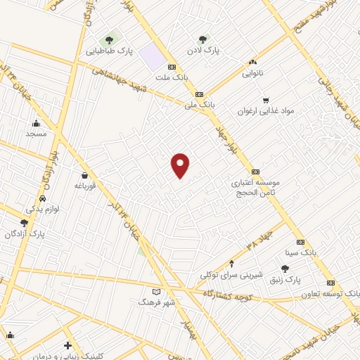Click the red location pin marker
pyautogui.click(x=181, y=165)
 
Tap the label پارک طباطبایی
pyautogui.click(x=108, y=51)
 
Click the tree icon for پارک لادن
pyautogui.click(x=203, y=39)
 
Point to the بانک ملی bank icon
pyautogui.click(x=200, y=94)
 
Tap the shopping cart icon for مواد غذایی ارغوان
pyautogui.click(x=266, y=100)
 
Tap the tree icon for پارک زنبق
pyautogui.click(x=285, y=269)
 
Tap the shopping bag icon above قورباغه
pyautogui.click(x=85, y=175)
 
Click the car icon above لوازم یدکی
pyautogui.click(x=44, y=199)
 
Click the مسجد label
pyautogui.click(x=35, y=133)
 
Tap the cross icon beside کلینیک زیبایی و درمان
pyautogui.click(x=67, y=345)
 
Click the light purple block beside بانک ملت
pyautogui.click(x=150, y=57)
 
